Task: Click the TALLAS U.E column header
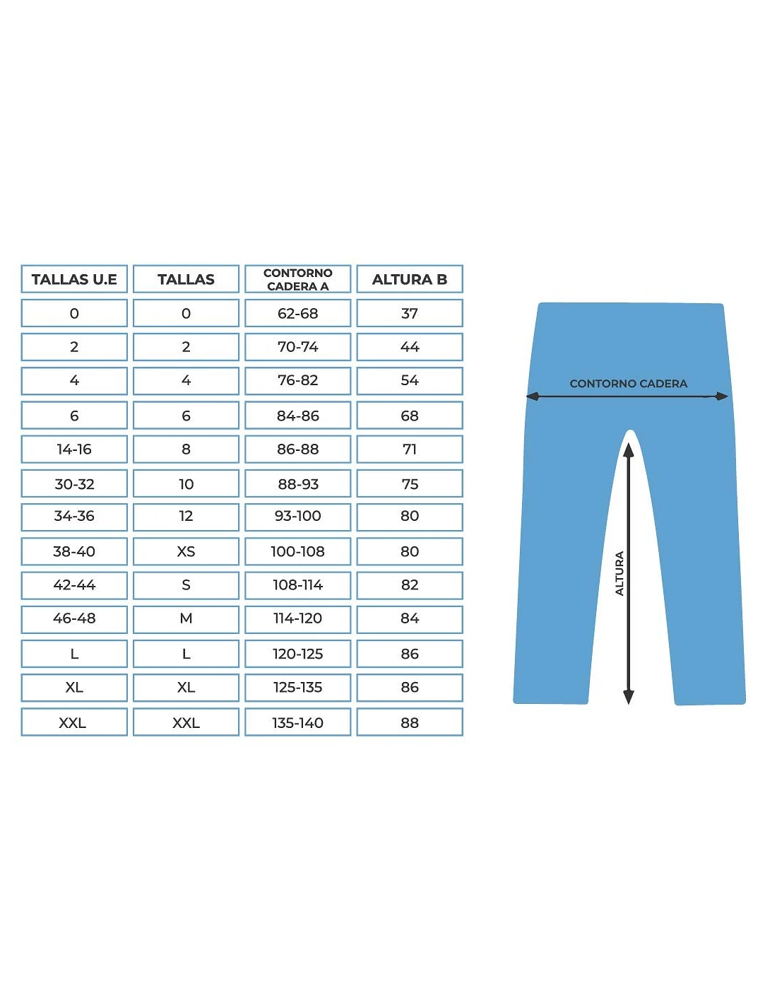point(74,279)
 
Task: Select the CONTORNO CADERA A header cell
point(297,279)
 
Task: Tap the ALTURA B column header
point(409,279)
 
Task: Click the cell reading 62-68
point(297,313)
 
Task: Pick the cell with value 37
point(409,313)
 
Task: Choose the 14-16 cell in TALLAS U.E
point(74,449)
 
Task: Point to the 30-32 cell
point(74,484)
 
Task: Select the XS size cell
point(186,551)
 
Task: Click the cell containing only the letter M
point(186,618)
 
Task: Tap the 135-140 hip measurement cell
point(297,723)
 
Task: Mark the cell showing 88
point(409,723)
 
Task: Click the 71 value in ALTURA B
point(409,449)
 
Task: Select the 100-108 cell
point(297,551)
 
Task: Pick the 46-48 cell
point(74,618)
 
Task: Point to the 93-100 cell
point(297,517)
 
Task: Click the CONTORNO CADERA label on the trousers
point(628,384)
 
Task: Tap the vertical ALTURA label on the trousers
point(619,573)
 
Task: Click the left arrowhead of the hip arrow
point(533,396)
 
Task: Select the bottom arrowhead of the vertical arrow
point(628,698)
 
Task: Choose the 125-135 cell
point(297,687)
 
